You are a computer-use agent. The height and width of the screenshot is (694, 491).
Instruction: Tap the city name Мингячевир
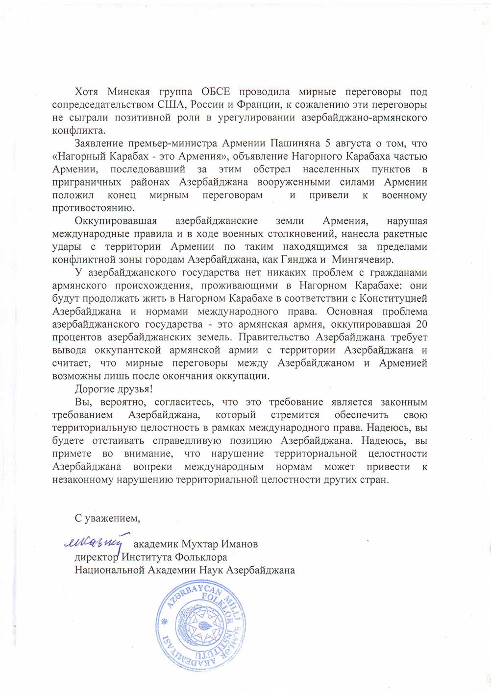(x=362, y=260)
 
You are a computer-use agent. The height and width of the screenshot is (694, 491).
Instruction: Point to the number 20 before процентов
(x=421, y=324)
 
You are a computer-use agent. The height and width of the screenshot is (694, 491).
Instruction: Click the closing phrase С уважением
(x=107, y=518)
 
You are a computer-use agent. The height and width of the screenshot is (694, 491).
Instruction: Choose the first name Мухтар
(x=201, y=544)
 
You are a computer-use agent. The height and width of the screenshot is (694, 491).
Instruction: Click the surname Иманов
(x=240, y=544)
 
